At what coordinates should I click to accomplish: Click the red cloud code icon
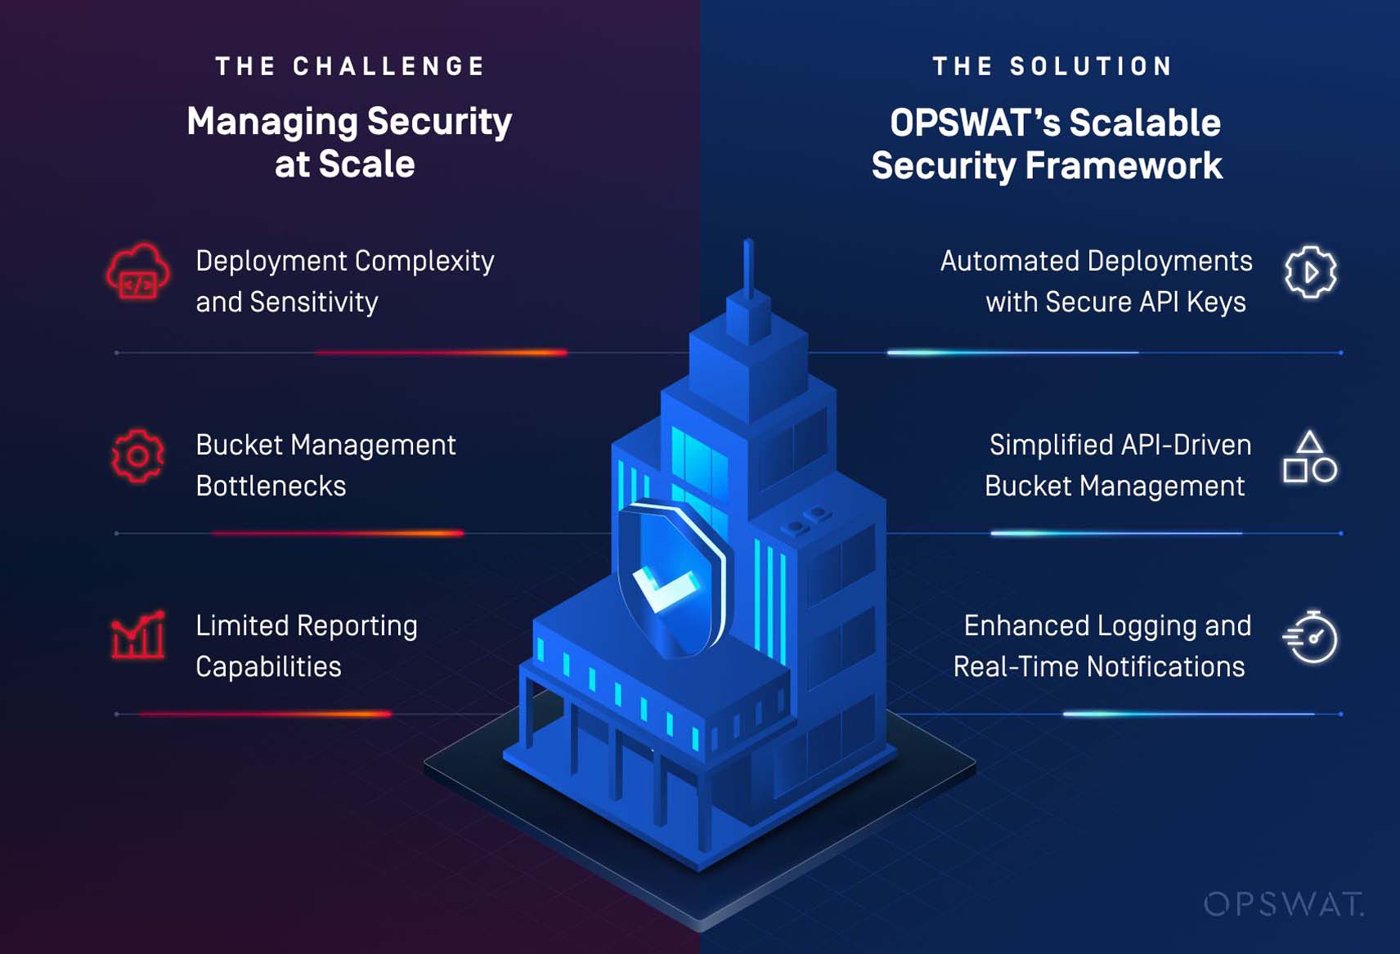(137, 272)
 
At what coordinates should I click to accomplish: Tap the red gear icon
(137, 456)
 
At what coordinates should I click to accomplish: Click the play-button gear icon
(1310, 272)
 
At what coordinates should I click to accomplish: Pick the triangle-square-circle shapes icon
(1309, 457)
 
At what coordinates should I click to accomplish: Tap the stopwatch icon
(1310, 637)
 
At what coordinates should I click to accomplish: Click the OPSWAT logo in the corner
(1283, 904)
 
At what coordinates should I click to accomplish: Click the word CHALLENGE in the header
(389, 66)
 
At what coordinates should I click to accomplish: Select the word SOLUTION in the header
(1092, 66)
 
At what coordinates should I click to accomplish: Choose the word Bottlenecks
(271, 486)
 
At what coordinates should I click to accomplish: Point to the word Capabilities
(268, 667)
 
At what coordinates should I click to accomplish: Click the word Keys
(1216, 302)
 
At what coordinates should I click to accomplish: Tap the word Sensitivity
(314, 302)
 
